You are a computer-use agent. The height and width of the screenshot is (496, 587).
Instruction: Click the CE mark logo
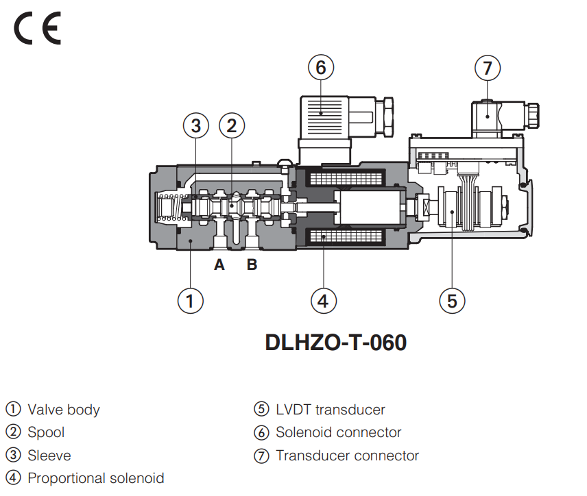click(37, 29)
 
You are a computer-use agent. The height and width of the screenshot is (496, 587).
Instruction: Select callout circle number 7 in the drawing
click(488, 68)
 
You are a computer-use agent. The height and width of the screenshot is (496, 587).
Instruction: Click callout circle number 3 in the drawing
click(196, 125)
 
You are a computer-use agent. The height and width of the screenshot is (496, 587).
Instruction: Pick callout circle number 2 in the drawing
click(232, 125)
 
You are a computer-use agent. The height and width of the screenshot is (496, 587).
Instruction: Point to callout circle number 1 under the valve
click(190, 300)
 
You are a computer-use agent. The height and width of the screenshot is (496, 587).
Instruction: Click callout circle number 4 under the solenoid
click(324, 300)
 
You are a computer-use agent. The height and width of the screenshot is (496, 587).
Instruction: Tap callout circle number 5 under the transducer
click(452, 300)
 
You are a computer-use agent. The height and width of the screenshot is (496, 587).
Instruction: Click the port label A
click(219, 264)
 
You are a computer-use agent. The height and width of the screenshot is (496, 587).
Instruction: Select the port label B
click(252, 264)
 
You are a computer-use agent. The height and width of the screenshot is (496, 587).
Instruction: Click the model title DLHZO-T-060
click(336, 342)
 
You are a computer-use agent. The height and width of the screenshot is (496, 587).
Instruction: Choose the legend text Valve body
click(64, 410)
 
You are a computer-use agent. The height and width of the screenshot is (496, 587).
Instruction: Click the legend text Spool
click(46, 432)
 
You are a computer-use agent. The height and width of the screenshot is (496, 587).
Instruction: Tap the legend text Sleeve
click(49, 455)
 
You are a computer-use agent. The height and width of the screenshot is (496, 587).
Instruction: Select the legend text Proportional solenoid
click(95, 478)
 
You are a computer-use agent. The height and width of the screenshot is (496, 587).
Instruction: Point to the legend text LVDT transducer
click(330, 410)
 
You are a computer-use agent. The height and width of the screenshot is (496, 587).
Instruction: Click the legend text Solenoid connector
click(338, 432)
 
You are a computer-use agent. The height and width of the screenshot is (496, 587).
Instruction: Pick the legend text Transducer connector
click(347, 455)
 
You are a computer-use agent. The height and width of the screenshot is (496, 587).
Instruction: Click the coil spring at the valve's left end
click(168, 207)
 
